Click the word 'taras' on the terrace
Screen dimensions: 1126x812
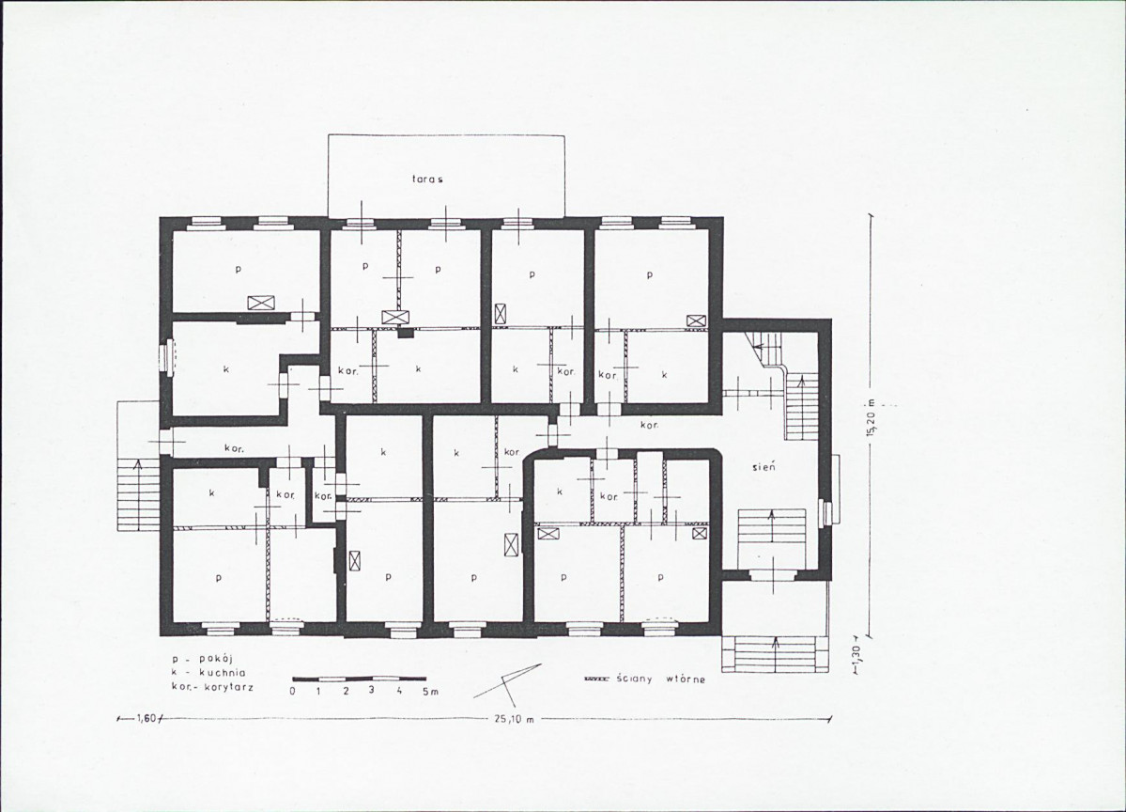coord(426,180)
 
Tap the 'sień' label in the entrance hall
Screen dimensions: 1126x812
coord(762,467)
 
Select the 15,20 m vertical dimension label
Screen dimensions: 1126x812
coord(871,417)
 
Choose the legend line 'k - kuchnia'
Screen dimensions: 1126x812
coord(209,673)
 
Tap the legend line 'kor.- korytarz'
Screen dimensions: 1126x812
coord(212,687)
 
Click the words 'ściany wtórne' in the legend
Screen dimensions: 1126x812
coord(660,679)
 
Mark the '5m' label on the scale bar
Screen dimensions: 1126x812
coord(429,692)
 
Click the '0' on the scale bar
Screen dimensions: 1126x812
coord(292,692)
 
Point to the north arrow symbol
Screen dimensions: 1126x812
coord(508,683)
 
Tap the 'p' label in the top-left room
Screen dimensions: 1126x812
coord(238,270)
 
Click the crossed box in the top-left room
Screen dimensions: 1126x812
coord(259,304)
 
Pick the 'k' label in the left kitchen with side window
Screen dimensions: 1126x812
coord(225,368)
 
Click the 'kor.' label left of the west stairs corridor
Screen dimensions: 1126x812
coord(234,448)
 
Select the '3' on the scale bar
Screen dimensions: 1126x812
coord(372,692)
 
